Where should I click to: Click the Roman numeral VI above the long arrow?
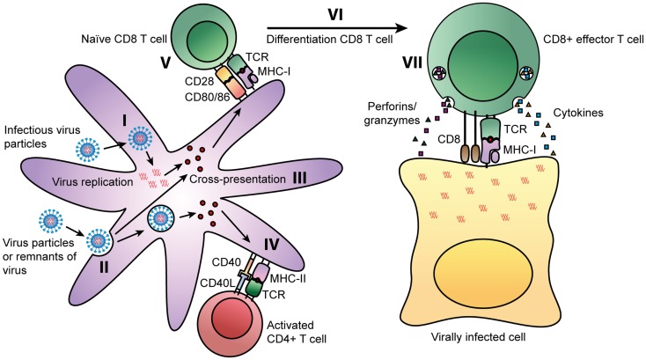[335, 15]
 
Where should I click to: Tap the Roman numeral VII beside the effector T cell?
[412, 64]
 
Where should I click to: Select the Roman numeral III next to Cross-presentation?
[299, 178]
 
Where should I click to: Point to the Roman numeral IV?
[271, 245]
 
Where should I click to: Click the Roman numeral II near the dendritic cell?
[104, 268]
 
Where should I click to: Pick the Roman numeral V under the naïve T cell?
[165, 64]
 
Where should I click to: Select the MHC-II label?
[288, 278]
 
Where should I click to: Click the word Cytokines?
[578, 113]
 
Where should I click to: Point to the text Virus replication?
[92, 181]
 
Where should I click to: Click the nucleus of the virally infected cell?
[483, 272]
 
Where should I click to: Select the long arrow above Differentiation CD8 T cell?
[337, 28]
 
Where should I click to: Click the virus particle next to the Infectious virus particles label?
[88, 150]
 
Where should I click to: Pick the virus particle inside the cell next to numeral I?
[141, 137]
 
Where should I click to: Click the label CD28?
[200, 81]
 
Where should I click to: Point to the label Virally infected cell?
[478, 337]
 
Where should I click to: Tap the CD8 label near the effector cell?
[449, 139]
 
